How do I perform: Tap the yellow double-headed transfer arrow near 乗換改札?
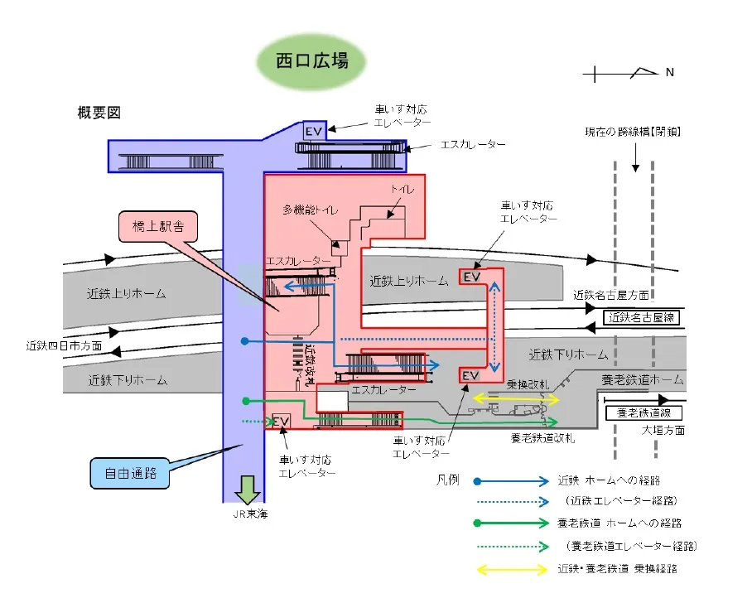coord(516,399)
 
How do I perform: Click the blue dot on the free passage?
coord(243,340)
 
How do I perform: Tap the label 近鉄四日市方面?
coord(64,345)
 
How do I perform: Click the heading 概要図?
coord(99,113)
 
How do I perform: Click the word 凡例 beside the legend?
coord(448,480)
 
